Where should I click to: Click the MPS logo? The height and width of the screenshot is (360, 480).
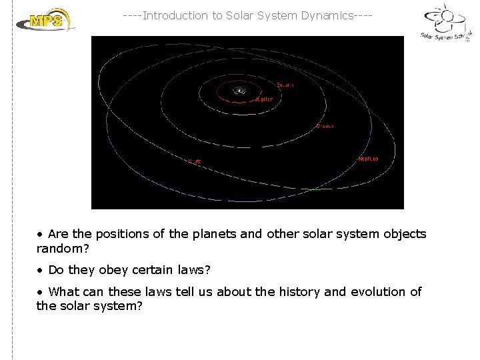pyautogui.click(x=45, y=20)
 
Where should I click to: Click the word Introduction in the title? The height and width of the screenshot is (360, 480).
pyautogui.click(x=175, y=15)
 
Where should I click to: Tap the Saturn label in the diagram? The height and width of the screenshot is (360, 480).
pyautogui.click(x=285, y=85)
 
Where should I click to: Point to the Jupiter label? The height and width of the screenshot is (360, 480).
pyautogui.click(x=262, y=99)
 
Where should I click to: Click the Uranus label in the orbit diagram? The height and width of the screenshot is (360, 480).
pyautogui.click(x=325, y=125)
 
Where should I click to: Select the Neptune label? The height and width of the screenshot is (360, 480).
pyautogui.click(x=368, y=159)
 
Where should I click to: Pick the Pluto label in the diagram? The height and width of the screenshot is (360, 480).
pyautogui.click(x=194, y=161)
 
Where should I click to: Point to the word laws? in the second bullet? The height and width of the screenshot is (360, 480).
pyautogui.click(x=194, y=270)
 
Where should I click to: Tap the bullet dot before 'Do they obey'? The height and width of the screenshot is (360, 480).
pyautogui.click(x=40, y=271)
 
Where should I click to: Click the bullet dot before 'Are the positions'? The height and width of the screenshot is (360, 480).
pyautogui.click(x=40, y=235)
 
